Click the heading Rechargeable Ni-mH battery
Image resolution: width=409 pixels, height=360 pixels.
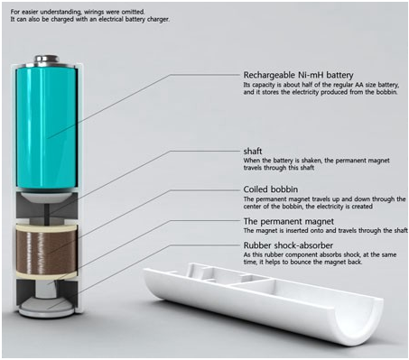click(298, 75)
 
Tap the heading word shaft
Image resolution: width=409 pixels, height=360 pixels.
click(253, 151)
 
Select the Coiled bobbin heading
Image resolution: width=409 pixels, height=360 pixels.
click(271, 189)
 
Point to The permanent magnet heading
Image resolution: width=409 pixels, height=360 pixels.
click(289, 221)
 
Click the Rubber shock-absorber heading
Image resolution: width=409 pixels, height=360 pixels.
click(288, 245)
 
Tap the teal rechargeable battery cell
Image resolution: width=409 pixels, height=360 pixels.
click(46, 128)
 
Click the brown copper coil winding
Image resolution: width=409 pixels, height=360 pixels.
click(46, 252)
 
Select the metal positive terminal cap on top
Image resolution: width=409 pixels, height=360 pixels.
click(46, 59)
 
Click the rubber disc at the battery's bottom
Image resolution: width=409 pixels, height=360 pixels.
click(46, 308)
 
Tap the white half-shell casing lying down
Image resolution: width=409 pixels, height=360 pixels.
click(265, 300)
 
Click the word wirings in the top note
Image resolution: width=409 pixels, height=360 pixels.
click(95, 12)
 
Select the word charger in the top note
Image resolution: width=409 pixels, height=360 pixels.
click(158, 20)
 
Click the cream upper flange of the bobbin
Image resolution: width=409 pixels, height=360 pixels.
click(46, 228)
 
